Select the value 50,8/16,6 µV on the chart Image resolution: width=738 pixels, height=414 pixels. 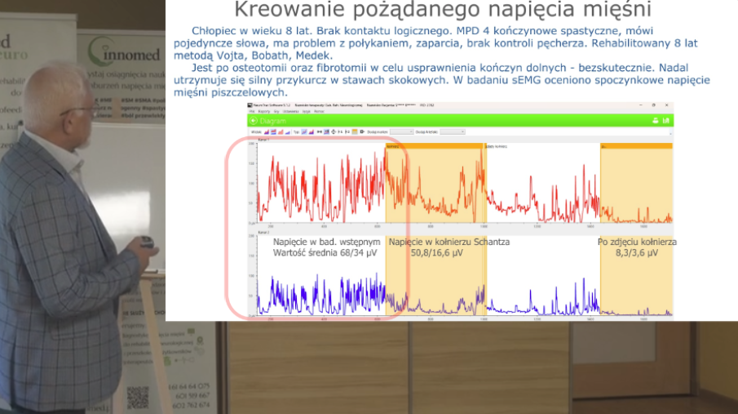click(436, 254)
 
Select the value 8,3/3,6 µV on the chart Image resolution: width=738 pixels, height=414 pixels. click(638, 254)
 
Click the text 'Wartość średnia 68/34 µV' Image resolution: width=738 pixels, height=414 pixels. click(326, 254)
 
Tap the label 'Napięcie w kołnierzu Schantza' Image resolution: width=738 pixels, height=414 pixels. click(449, 243)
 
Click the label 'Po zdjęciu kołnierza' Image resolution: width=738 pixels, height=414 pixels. click(637, 243)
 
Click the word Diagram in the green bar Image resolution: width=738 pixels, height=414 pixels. click(274, 121)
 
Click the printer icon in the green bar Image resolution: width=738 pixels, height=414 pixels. click(654, 121)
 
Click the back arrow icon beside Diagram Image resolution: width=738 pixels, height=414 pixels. click(253, 121)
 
